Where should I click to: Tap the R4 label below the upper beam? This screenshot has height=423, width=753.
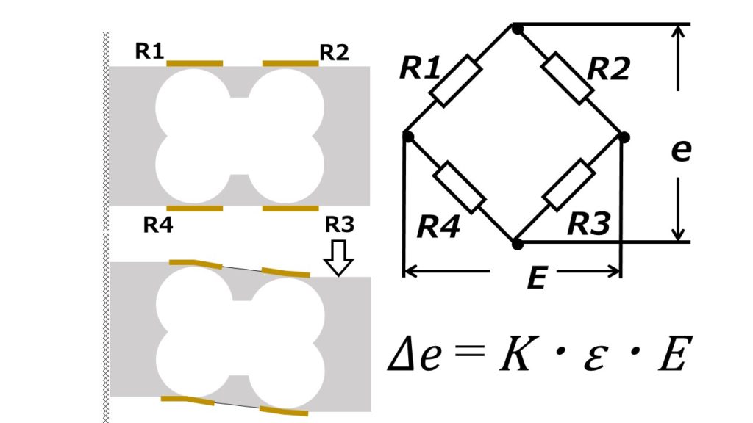point(158,225)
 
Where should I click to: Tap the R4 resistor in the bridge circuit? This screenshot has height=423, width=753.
point(460,188)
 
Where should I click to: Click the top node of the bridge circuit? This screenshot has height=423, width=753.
point(517,29)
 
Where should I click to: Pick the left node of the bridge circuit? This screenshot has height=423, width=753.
point(408,136)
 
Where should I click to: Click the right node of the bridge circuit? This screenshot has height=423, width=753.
point(624,137)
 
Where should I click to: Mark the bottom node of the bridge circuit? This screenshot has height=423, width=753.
point(517,242)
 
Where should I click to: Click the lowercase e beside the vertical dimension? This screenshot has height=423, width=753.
point(681,151)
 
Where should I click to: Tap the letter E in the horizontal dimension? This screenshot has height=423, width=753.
point(536,278)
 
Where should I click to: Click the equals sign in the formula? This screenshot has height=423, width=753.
point(470,355)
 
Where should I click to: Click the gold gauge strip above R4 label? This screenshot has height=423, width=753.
point(195,209)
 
